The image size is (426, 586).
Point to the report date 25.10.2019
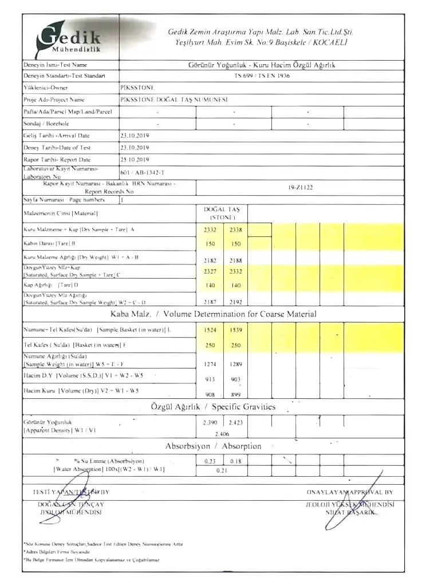135,160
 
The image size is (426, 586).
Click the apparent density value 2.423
236,423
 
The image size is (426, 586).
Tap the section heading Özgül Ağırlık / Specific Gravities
213,407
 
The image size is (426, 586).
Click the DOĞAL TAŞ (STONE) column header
222,213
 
